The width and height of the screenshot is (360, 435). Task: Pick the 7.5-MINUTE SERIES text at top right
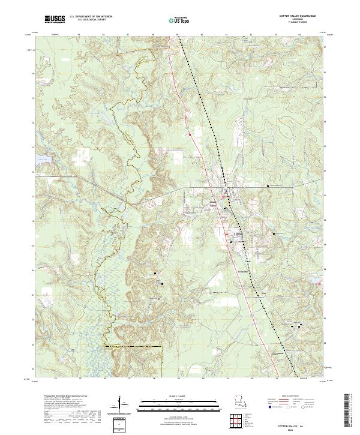pyautogui.click(x=305, y=23)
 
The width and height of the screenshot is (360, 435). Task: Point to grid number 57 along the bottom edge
pyautogui.click(x=130, y=379)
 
